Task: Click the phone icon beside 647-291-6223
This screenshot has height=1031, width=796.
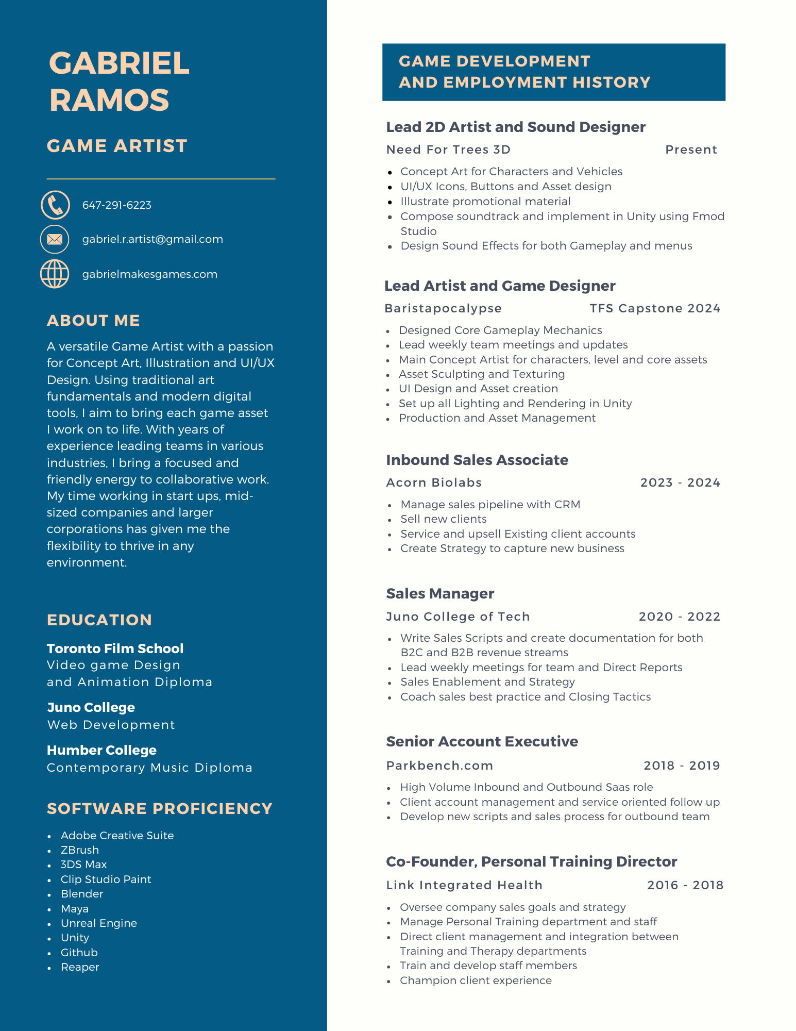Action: click(x=55, y=205)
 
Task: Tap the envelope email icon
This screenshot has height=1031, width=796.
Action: click(x=55, y=239)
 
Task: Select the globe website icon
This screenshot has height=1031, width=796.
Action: click(x=55, y=274)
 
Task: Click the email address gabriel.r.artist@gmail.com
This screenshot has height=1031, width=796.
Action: click(x=153, y=239)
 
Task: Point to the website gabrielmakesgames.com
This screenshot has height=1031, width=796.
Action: click(x=149, y=274)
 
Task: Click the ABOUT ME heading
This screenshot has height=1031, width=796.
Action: click(x=93, y=321)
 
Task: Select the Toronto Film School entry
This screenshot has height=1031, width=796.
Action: click(x=115, y=648)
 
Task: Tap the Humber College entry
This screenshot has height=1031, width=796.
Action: click(x=101, y=750)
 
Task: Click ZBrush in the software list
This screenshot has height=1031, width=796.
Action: click(x=79, y=850)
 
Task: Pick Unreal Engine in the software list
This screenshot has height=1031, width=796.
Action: click(x=98, y=923)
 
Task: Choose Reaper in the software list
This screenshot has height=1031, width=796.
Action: click(x=80, y=967)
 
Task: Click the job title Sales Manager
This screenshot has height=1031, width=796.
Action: click(x=440, y=593)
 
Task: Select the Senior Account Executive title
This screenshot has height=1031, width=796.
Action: click(x=482, y=741)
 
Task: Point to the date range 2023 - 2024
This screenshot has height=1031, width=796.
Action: click(x=680, y=483)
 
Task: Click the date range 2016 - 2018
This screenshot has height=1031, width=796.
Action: click(x=685, y=885)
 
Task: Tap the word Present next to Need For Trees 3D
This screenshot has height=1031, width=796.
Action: click(x=690, y=149)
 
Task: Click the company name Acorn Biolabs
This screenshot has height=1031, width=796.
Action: click(x=434, y=483)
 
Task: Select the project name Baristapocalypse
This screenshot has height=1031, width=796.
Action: click(x=443, y=308)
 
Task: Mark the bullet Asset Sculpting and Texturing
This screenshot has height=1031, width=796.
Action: click(x=481, y=374)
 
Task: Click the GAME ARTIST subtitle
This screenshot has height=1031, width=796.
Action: click(x=117, y=146)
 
